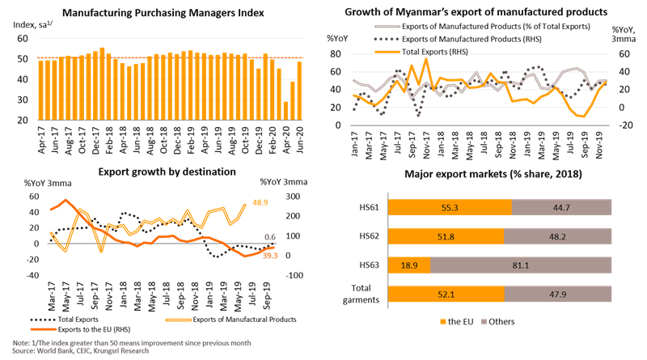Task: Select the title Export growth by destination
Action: point(167,172)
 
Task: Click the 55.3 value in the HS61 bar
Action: point(451,208)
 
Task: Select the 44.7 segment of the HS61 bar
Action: point(574,208)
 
